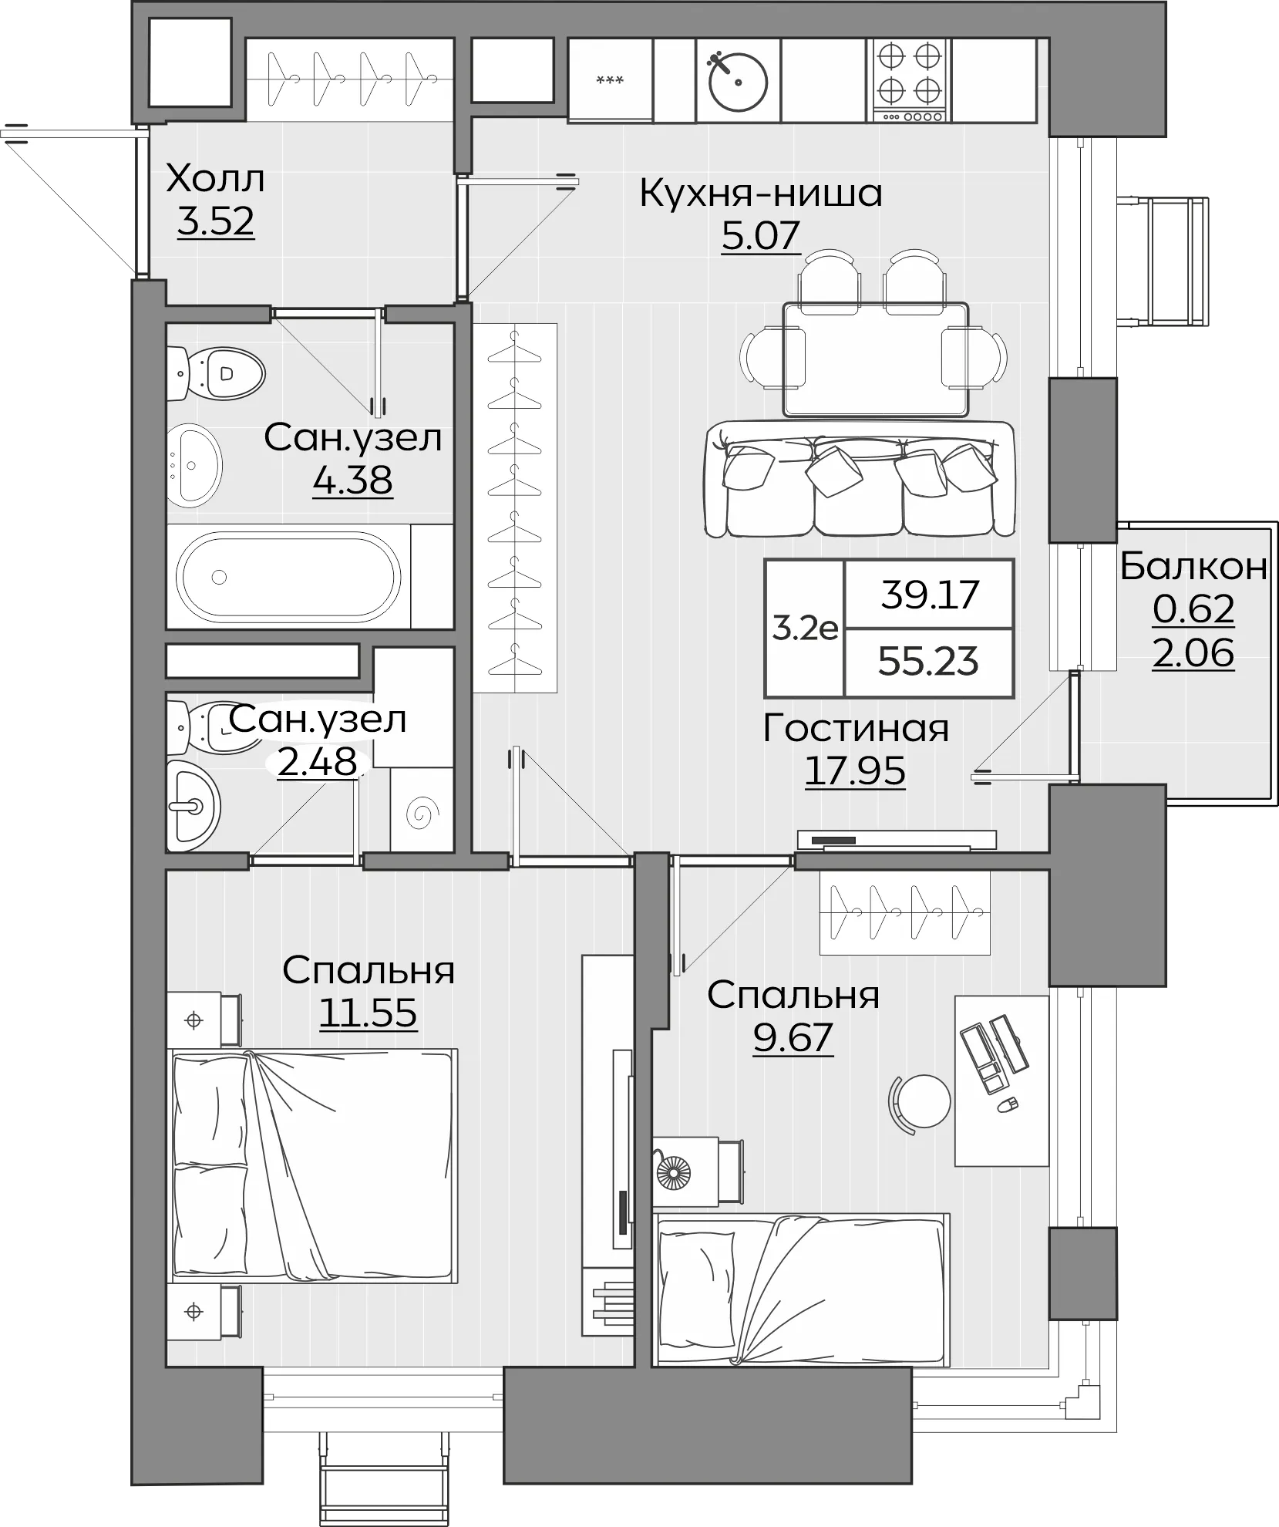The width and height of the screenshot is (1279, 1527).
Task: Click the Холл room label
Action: (x=215, y=180)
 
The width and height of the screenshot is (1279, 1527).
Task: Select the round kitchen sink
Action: (x=738, y=80)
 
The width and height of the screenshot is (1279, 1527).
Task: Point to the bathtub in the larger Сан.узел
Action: (x=289, y=577)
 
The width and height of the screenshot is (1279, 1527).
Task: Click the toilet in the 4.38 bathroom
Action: (x=217, y=374)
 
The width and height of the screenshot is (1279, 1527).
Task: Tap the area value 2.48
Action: (x=316, y=763)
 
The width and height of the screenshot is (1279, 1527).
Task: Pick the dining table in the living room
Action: (x=875, y=359)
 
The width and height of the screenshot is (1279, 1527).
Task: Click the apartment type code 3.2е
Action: (x=805, y=629)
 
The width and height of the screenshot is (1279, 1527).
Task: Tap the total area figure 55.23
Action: (x=929, y=662)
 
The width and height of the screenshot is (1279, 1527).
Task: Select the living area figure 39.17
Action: (x=929, y=595)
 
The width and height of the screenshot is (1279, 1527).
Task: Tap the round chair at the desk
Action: (x=924, y=1101)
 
